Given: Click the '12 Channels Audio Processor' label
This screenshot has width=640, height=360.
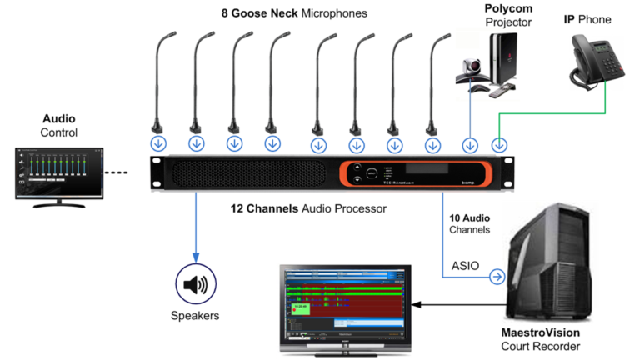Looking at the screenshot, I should point(308,208).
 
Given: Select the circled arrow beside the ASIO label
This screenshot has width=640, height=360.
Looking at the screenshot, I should point(497,277).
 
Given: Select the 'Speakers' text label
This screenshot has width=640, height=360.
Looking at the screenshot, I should point(195,316).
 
